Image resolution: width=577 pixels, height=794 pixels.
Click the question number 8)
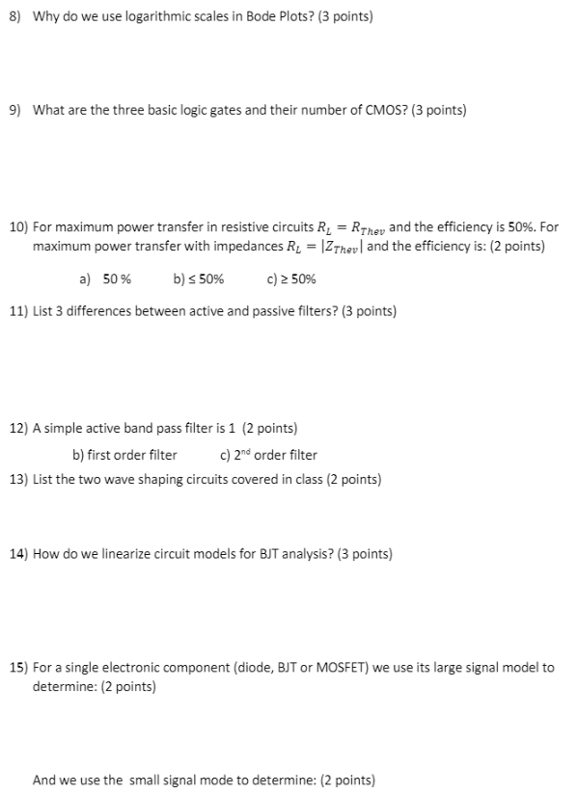click(16, 17)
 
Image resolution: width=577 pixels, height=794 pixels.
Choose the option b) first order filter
click(124, 454)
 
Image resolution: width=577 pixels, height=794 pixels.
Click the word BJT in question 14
click(277, 554)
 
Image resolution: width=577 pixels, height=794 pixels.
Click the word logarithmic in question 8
click(127, 17)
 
